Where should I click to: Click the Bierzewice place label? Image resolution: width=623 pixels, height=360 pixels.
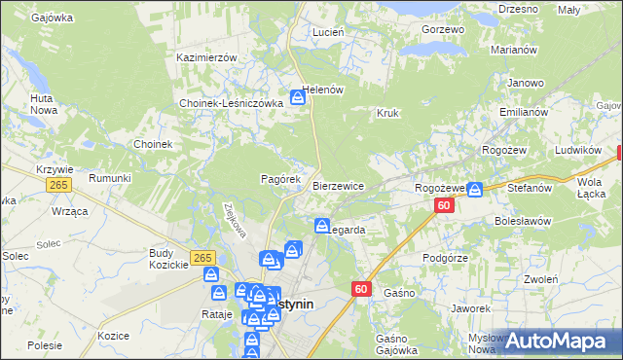(338, 186)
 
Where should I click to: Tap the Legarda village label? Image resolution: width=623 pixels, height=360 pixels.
(347, 231)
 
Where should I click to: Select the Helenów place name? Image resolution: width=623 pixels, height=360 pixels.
(324, 90)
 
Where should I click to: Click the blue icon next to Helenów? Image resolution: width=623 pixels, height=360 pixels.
(299, 97)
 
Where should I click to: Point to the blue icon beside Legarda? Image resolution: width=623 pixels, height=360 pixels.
(321, 227)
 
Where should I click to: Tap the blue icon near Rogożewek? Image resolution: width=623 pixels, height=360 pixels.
(474, 190)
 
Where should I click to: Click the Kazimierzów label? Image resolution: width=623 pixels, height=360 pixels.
(207, 57)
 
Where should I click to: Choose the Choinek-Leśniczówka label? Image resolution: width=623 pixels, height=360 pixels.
(231, 103)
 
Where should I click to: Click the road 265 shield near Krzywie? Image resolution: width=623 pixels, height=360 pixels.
(60, 185)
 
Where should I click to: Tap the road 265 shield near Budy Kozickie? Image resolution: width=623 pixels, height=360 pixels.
(202, 257)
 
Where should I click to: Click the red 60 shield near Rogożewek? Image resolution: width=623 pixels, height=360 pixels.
(444, 205)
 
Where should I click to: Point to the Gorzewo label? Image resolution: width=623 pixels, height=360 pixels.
(443, 29)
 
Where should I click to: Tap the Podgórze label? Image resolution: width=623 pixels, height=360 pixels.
(447, 258)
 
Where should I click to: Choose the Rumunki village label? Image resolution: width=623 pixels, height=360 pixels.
(109, 178)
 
